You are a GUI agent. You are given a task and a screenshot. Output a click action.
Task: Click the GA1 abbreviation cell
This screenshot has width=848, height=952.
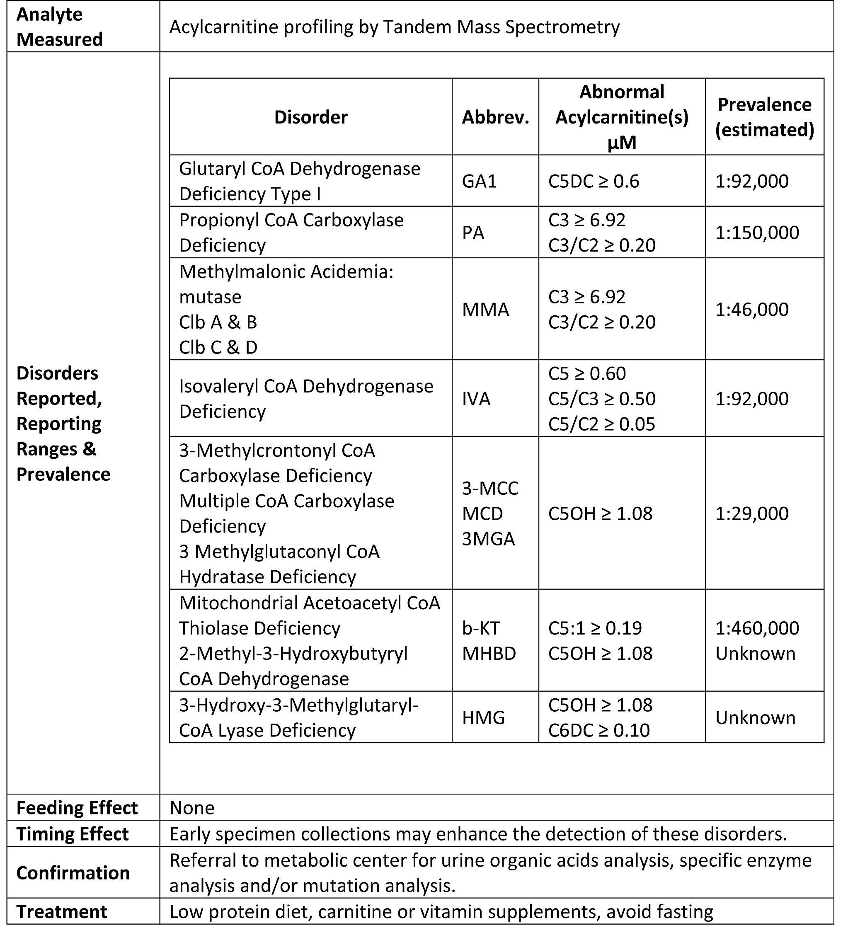pos(479,181)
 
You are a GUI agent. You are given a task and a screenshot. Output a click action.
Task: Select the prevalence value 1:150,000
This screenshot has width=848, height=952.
pos(757,232)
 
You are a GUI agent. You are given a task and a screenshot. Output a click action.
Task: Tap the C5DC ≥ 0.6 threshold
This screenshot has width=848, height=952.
pos(593,181)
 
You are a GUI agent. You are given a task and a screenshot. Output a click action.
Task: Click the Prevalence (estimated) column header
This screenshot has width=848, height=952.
pos(764,117)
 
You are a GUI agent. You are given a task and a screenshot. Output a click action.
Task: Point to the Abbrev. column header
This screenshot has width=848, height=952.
pos(495,117)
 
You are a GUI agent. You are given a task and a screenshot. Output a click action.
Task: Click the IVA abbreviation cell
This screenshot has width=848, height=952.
pos(476,398)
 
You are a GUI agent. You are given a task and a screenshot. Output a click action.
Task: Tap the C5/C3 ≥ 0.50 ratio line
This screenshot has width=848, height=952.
pos(601,398)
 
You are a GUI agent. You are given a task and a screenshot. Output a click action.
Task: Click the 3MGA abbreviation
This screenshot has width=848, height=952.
pos(488,539)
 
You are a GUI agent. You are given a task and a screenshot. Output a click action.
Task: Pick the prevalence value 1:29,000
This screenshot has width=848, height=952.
pos(751,513)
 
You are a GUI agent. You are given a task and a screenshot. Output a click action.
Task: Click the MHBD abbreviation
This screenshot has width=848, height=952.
pos(489,653)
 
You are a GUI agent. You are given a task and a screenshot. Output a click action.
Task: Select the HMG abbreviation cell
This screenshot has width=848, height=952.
pos(483,717)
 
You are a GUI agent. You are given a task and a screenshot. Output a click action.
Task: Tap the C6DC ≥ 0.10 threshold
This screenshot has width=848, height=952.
pos(599,730)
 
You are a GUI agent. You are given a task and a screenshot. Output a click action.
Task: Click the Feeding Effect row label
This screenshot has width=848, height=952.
pos(77,807)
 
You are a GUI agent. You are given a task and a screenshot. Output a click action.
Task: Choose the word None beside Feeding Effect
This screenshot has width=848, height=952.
pos(192,807)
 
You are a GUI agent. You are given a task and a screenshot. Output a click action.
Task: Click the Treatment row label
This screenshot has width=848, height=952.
pos(61,911)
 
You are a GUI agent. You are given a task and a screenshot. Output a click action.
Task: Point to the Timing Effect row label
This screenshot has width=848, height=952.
pos(72,833)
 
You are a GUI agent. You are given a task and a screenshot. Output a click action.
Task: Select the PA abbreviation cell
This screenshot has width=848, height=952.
pos(473,232)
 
